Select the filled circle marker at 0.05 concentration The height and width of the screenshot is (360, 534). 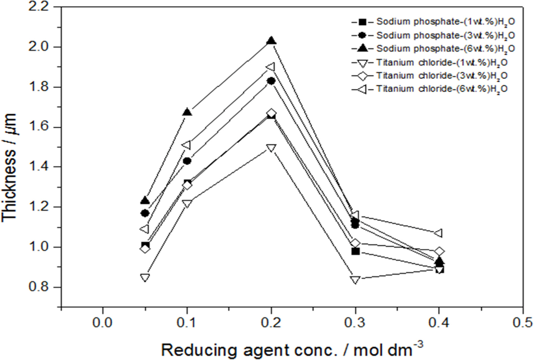pos(145,213)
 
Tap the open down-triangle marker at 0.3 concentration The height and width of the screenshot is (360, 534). pos(355,280)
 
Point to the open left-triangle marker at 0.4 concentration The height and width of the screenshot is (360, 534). pos(439,233)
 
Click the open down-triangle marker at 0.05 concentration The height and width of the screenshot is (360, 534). pos(145,277)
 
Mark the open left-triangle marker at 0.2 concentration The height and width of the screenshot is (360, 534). pos(271,67)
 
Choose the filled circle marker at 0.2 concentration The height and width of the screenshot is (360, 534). pos(271,81)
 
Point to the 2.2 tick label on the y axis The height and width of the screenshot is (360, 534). pos(41,7)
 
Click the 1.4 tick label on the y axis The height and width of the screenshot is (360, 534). pos(41,167)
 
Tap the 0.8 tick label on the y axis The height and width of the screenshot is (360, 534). pos(41,287)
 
